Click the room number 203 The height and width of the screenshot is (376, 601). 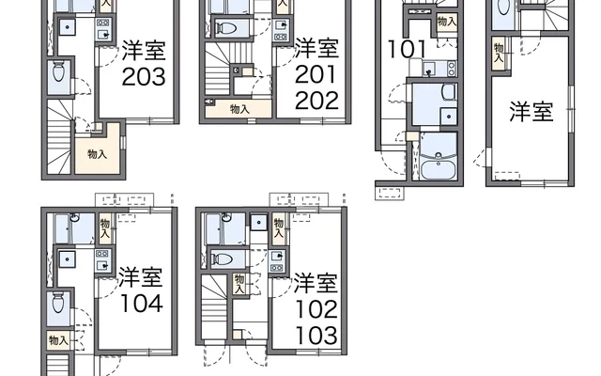(144, 77)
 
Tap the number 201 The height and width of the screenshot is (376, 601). (316, 74)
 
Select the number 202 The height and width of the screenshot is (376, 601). (316, 101)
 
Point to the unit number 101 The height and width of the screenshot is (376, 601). (407, 49)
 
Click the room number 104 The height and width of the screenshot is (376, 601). (142, 303)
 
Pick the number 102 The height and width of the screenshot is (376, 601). (316, 309)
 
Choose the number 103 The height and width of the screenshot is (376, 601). (316, 336)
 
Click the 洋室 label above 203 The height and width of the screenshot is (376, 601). (144, 50)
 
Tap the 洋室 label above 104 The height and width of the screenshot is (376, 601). (140, 277)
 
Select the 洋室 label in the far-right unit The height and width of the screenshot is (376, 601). (532, 112)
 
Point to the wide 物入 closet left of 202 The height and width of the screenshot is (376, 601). (239, 109)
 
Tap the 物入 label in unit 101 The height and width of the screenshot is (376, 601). (447, 22)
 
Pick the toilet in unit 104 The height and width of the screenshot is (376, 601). (58, 303)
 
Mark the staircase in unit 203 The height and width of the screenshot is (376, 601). (59, 136)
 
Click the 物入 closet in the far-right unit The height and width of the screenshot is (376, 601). (499, 54)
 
